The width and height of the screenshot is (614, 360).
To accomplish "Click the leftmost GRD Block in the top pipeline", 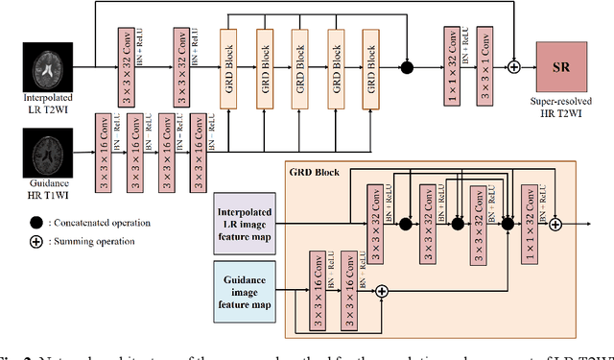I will [x=229, y=67].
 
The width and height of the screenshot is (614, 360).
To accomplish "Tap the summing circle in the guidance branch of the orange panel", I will [x=381, y=291].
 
